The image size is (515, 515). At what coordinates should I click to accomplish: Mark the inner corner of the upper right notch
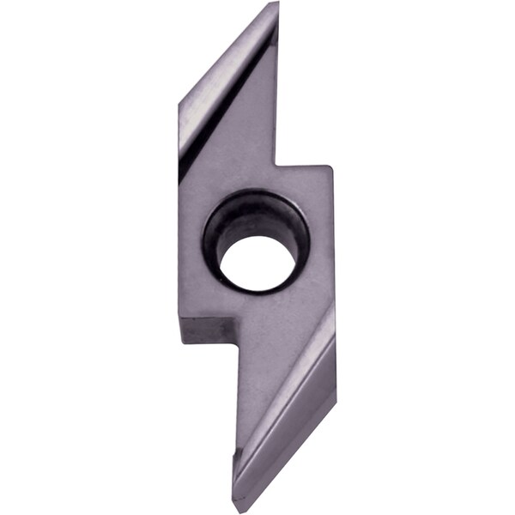point(276,166)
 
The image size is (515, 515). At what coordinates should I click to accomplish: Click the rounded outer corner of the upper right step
point(330,169)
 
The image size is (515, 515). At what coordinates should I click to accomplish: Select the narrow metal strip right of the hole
point(322,249)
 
